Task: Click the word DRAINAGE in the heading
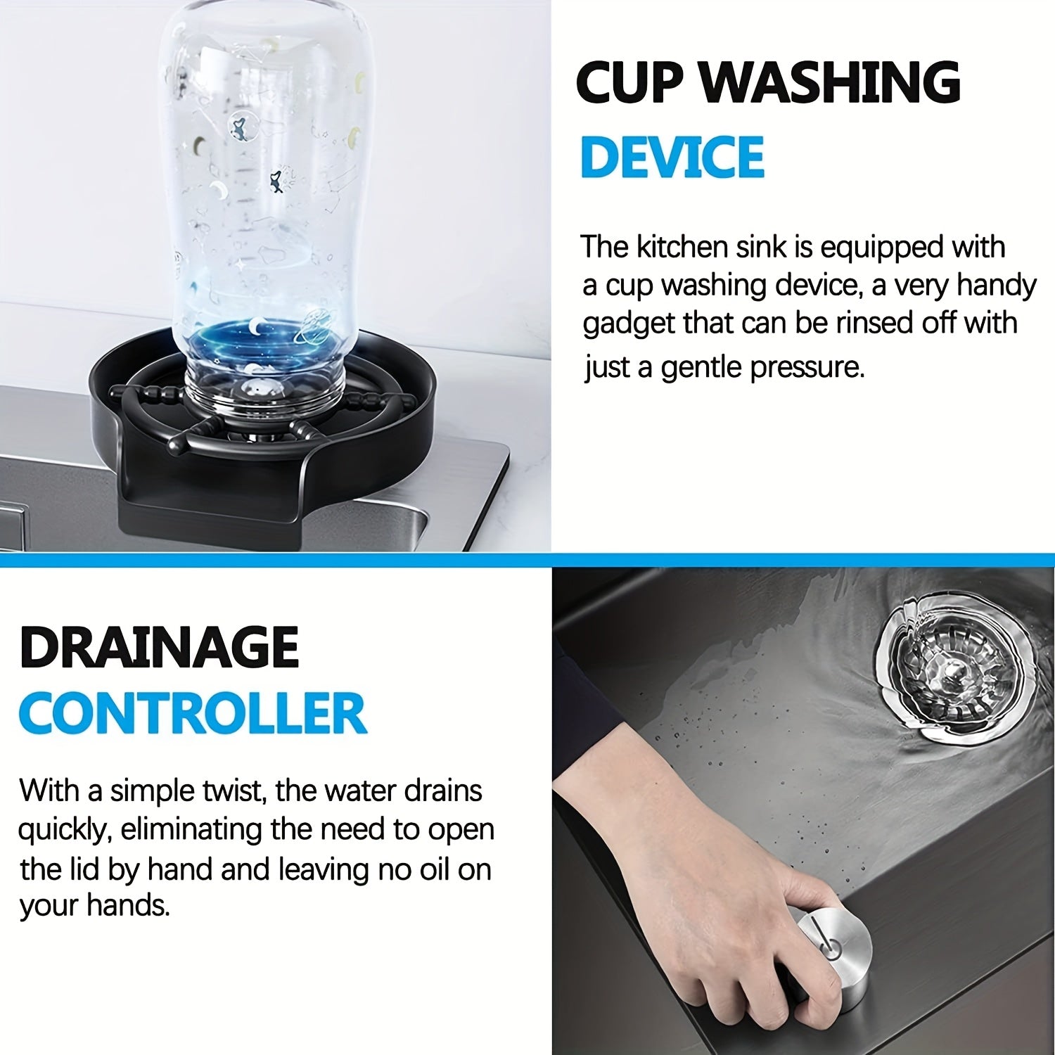coord(160,647)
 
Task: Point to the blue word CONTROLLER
coord(193,712)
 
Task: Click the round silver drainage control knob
coord(833,949)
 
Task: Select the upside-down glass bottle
coord(264,211)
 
